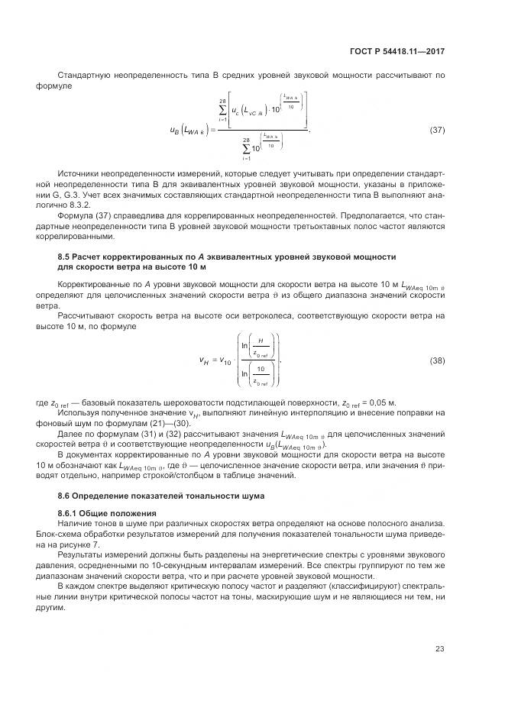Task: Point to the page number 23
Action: pyautogui.click(x=440, y=649)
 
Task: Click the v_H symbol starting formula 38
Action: pyautogui.click(x=203, y=360)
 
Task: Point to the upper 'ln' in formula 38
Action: pyautogui.click(x=246, y=344)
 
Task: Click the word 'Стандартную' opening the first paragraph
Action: pyautogui.click(x=86, y=74)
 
